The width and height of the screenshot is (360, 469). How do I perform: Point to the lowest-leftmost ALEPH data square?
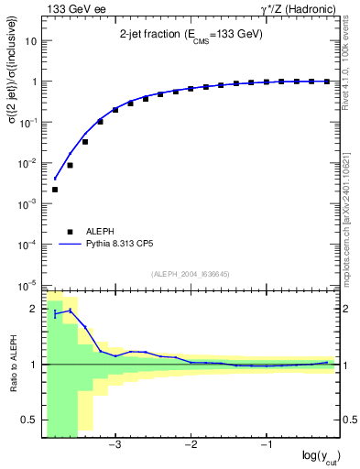55,190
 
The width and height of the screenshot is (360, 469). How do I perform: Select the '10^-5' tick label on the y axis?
27,284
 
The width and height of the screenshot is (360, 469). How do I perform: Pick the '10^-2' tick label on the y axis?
27,163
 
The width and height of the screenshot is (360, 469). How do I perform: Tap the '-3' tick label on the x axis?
115,445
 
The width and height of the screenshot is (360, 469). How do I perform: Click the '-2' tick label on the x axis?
191,445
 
